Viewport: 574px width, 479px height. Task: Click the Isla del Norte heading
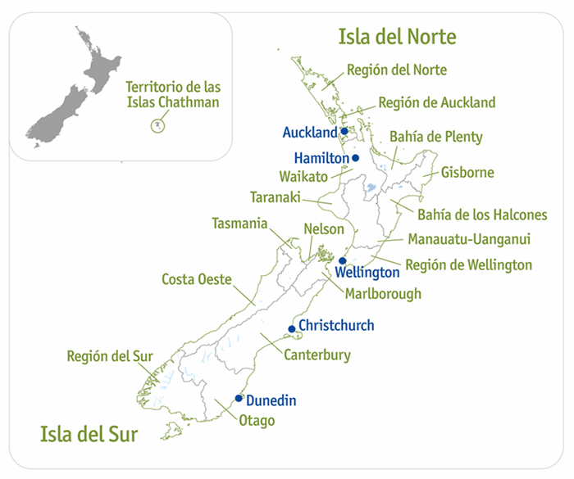(x=397, y=36)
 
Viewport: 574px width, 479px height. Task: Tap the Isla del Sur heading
(x=78, y=432)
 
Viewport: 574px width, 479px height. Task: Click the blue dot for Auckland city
(x=345, y=131)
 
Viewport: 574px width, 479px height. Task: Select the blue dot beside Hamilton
(x=356, y=157)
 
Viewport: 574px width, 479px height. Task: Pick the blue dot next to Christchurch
(x=291, y=329)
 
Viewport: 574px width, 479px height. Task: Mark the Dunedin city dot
(x=239, y=399)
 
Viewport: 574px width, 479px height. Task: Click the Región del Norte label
(x=397, y=70)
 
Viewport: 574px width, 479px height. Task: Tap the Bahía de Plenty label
(x=436, y=137)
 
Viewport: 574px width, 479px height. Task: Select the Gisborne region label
(x=467, y=173)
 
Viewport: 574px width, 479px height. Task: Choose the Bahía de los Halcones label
(x=482, y=215)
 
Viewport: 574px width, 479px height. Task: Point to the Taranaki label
(x=276, y=197)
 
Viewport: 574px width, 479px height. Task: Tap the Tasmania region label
(x=239, y=223)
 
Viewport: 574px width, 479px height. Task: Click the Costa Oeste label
(x=196, y=279)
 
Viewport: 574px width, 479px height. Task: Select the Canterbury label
(x=317, y=355)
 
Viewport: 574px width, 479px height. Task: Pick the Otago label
(x=257, y=421)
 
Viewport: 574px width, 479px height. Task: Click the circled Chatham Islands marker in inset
(x=157, y=125)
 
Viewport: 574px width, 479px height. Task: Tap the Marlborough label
(x=383, y=293)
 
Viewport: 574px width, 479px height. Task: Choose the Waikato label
(x=303, y=176)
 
